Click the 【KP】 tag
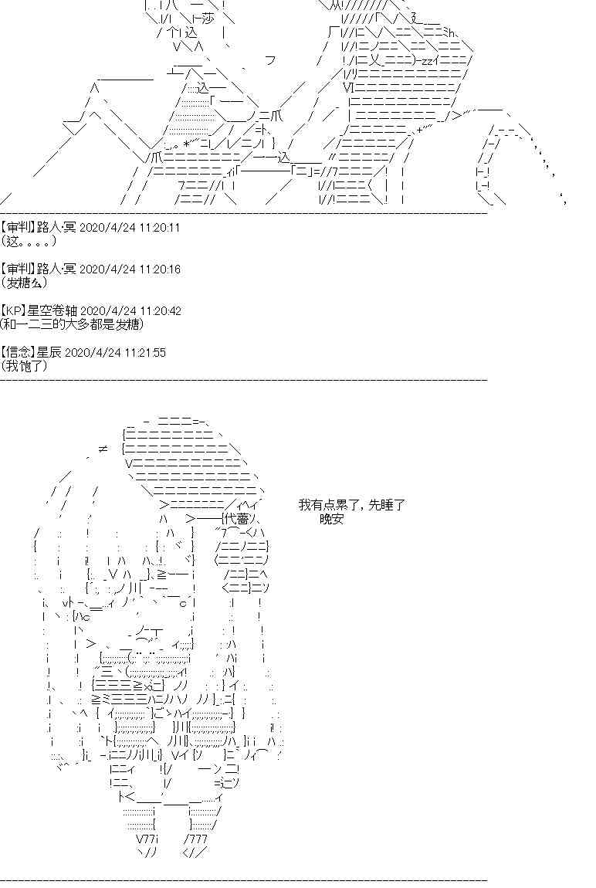pyautogui.click(x=13, y=311)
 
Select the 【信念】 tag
pyautogui.click(x=16, y=353)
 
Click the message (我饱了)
pyautogui.click(x=24, y=366)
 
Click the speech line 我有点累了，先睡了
pyautogui.click(x=352, y=506)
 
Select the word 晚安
pyautogui.click(x=331, y=520)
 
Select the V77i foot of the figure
pyautogui.click(x=146, y=839)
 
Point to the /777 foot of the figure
pyautogui.click(x=196, y=839)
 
